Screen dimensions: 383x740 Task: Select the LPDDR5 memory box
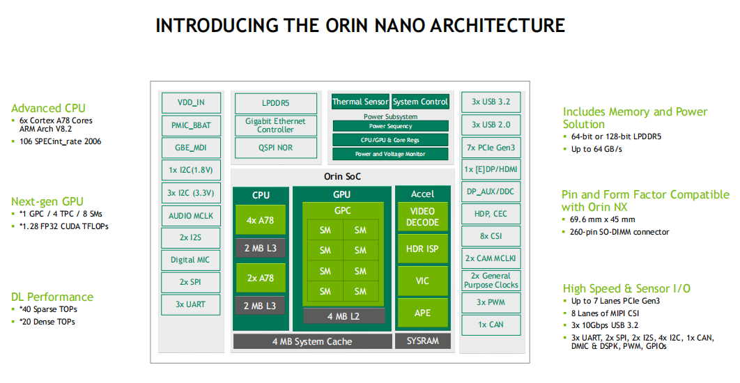click(x=275, y=103)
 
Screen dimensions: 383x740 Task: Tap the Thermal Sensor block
click(x=360, y=102)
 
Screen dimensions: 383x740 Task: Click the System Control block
click(x=420, y=102)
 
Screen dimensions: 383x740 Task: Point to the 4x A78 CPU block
click(x=261, y=220)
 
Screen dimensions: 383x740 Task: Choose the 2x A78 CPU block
click(x=261, y=278)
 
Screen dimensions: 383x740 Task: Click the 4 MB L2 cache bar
click(x=344, y=316)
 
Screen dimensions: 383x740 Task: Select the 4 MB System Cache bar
click(x=311, y=341)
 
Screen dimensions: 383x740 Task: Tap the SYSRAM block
click(x=422, y=341)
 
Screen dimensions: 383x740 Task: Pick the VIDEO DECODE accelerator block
click(x=422, y=217)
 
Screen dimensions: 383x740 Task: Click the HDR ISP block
click(x=422, y=249)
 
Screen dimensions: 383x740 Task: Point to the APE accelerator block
click(x=422, y=313)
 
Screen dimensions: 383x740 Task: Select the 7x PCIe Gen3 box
click(x=491, y=147)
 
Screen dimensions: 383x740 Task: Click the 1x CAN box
click(x=491, y=325)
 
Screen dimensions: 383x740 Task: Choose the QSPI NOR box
click(x=275, y=148)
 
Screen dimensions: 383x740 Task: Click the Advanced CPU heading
click(x=48, y=108)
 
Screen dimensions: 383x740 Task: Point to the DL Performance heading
click(x=52, y=297)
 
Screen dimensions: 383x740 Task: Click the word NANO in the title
click(x=387, y=26)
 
